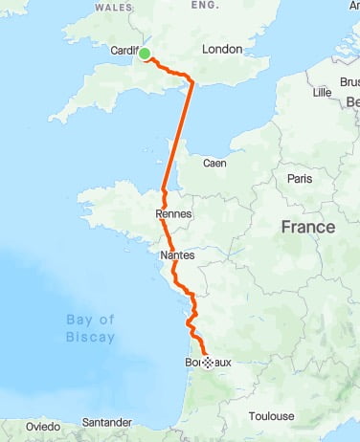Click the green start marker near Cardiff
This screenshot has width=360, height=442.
146,54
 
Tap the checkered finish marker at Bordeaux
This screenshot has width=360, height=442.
207,363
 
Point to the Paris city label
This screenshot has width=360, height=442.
301,179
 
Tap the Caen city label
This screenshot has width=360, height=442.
214,163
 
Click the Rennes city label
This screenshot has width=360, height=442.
173,214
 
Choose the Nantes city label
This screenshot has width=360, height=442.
176,255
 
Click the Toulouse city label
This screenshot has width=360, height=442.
272,416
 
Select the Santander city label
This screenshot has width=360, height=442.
107,422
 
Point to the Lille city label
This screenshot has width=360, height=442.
321,92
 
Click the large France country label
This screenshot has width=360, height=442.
307,228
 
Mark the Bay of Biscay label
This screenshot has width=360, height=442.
91,328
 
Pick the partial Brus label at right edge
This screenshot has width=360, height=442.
349,82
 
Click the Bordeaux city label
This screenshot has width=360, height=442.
207,364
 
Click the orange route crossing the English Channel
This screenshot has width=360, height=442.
179,134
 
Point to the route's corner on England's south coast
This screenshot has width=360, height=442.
193,83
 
